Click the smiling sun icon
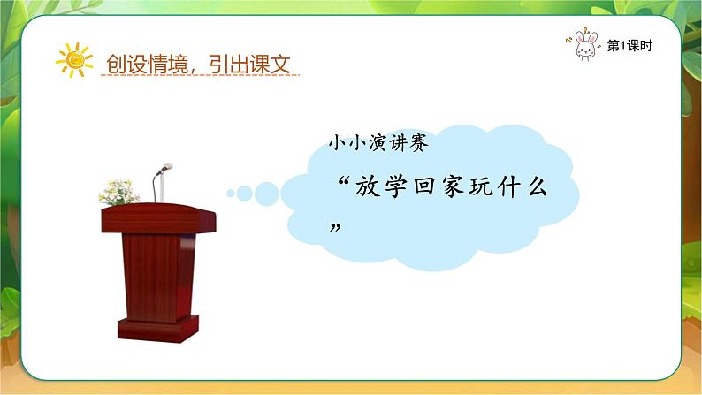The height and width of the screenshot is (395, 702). coord(74,61)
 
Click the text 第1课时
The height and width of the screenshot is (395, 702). coord(630,47)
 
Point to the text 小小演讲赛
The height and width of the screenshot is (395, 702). coord(378,144)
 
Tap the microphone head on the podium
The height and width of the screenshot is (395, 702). coord(165,168)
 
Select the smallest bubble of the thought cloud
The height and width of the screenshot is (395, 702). coord(231,192)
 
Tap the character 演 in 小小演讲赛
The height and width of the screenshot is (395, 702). coord(378,144)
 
